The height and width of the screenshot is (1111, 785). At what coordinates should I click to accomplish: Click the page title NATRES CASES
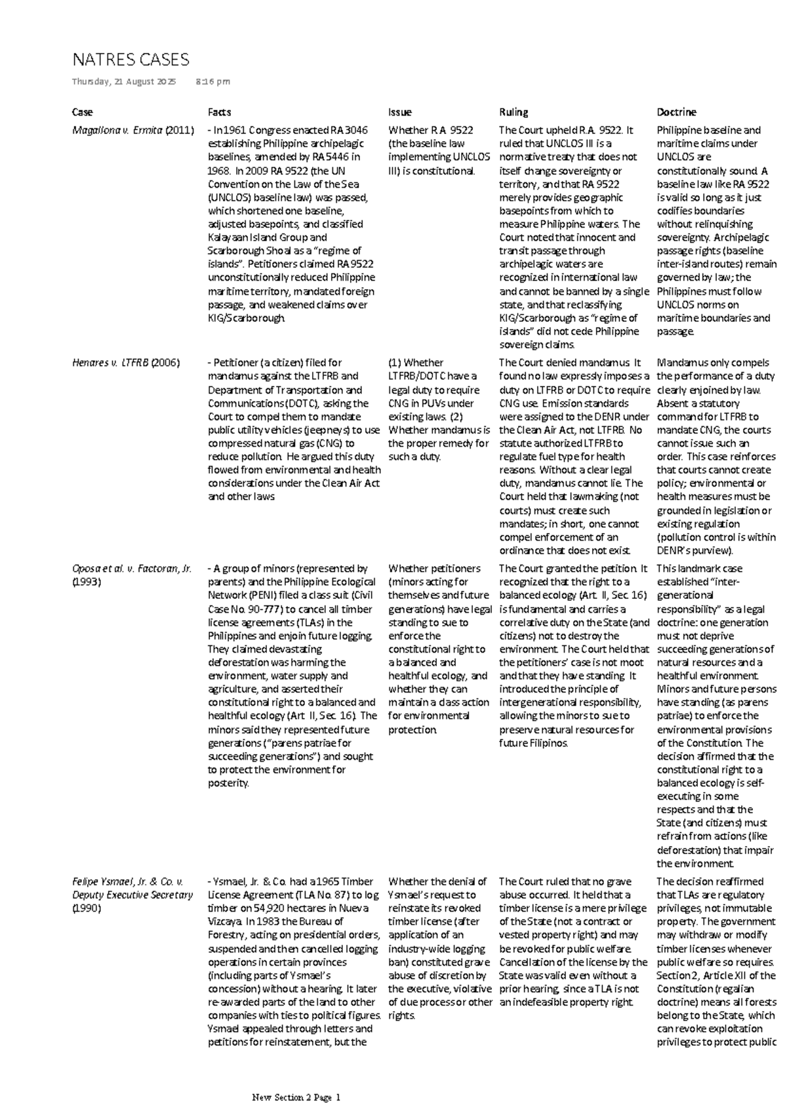[130, 60]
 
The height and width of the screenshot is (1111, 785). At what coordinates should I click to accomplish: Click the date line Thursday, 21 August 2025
[124, 82]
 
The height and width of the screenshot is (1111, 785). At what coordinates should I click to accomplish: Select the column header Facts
[219, 112]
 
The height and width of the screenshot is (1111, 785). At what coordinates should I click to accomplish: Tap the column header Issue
[400, 112]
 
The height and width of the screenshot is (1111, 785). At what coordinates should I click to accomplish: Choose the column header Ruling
[513, 112]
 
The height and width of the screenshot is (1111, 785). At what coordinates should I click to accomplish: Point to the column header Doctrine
[676, 112]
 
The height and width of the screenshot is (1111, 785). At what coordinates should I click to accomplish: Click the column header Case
[82, 112]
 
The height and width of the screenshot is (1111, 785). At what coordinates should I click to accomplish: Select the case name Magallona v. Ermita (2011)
[133, 130]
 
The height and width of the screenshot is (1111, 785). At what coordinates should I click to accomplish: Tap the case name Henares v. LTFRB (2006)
[126, 362]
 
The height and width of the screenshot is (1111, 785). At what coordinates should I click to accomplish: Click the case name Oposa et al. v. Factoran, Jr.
[131, 568]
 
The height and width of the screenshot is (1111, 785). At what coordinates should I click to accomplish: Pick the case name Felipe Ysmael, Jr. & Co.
[128, 881]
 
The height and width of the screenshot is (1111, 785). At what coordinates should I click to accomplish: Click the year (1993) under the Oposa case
[86, 582]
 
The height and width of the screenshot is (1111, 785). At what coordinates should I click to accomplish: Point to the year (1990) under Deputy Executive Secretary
[86, 908]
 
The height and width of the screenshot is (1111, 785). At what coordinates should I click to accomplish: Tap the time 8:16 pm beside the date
[213, 82]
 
